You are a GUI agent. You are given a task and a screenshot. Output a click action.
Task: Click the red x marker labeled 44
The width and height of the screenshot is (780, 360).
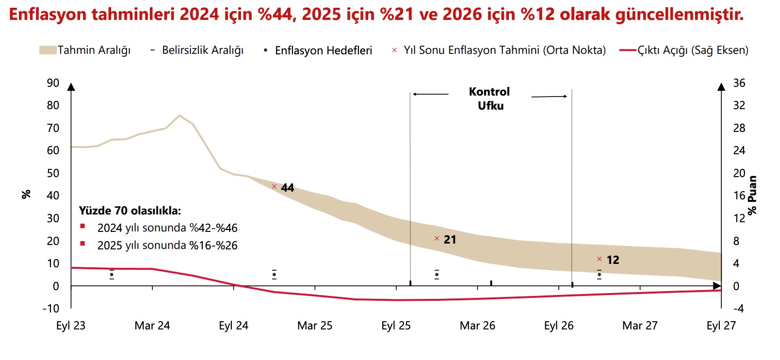(274, 187)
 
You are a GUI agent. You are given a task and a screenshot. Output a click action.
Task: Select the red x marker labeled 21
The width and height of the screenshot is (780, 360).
(437, 239)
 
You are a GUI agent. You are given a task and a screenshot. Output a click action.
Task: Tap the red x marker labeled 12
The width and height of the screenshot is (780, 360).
(599, 259)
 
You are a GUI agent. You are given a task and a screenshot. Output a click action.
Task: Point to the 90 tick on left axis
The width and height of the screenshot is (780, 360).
(53, 83)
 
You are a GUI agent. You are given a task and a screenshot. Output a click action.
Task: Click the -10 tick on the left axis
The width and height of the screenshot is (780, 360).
(51, 309)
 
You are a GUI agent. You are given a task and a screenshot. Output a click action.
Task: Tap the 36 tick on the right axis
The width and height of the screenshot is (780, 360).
(739, 83)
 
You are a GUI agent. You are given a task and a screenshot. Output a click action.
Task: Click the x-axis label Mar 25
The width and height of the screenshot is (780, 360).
(315, 326)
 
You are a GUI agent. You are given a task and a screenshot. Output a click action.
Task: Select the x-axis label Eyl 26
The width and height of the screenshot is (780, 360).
(559, 326)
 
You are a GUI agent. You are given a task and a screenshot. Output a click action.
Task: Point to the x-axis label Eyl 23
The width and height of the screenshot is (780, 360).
(71, 326)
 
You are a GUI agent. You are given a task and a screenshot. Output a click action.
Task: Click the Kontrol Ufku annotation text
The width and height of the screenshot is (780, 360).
(489, 98)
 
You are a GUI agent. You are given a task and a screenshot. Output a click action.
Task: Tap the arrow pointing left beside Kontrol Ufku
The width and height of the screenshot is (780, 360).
(430, 94)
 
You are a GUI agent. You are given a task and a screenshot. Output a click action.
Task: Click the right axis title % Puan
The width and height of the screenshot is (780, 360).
(752, 195)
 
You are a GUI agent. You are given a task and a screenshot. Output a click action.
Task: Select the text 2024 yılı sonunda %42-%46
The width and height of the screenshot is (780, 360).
(167, 228)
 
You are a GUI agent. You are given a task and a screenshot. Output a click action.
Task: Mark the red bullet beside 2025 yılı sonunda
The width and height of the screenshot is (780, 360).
(82, 244)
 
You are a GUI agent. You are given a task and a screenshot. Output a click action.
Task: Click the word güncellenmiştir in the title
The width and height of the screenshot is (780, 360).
(679, 15)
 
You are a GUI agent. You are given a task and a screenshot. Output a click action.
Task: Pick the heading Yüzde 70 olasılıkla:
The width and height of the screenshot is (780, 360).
(130, 211)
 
